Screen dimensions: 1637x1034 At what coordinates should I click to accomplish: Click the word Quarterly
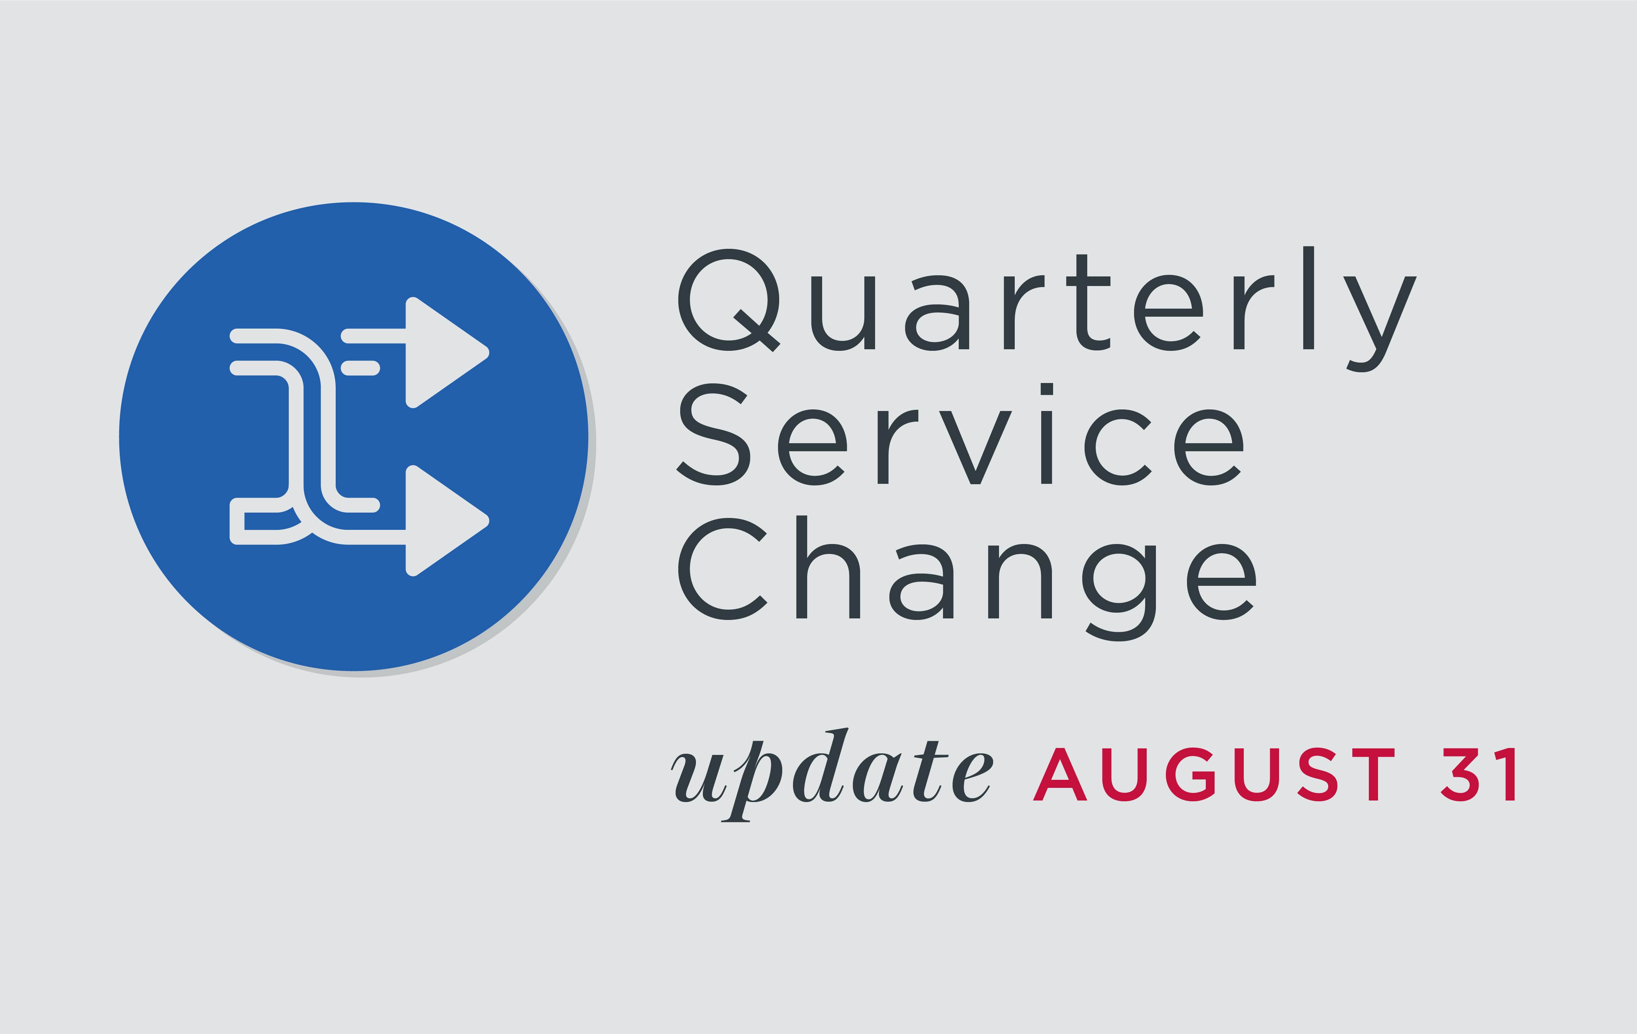pos(1047,309)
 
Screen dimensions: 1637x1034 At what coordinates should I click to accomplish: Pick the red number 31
pos(1478,774)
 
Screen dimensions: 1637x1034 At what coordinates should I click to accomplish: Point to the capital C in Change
pos(722,568)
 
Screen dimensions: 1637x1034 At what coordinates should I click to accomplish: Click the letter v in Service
pos(976,447)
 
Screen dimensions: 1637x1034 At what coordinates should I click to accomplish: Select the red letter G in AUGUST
pos(1190,774)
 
